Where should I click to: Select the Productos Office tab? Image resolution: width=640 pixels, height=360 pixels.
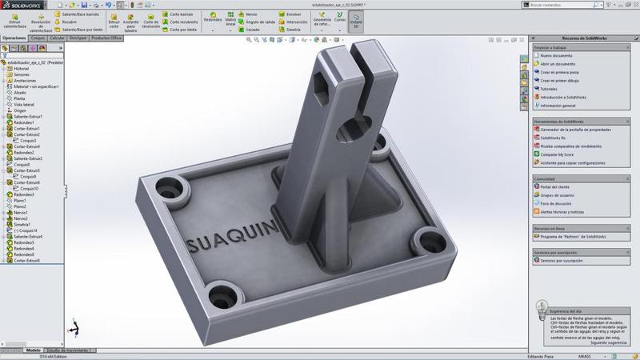coord(106,38)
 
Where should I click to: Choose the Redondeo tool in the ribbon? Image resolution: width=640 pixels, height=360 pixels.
coord(213,20)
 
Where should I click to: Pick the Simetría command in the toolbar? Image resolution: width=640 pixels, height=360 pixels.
coord(293,30)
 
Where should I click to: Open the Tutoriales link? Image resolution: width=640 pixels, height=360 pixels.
coord(550,89)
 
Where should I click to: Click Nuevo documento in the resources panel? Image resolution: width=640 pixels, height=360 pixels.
coord(557,55)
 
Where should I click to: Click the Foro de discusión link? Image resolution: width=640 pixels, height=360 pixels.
coord(557,203)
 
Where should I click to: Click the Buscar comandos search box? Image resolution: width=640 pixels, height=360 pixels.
coord(576,5)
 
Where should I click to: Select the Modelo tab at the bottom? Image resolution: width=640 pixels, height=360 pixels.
coord(33,350)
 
